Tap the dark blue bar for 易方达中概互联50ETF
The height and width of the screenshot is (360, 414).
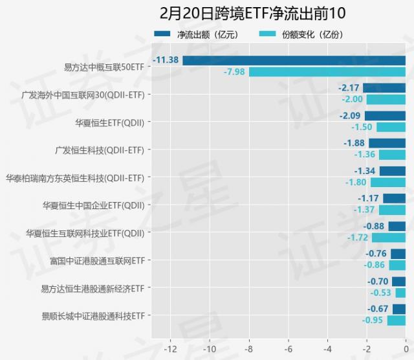(x=294, y=60)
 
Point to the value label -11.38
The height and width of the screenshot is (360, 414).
(x=166, y=60)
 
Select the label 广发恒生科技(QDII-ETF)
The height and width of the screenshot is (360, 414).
(x=100, y=150)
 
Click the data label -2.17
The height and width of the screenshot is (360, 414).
(x=349, y=87)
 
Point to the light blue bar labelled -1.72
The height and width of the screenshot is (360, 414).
(x=389, y=238)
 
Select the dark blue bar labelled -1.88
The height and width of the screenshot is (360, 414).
(x=387, y=143)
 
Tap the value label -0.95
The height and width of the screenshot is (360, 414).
(x=374, y=321)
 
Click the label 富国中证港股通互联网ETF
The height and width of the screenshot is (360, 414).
(x=97, y=260)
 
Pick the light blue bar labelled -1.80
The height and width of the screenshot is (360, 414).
(x=387, y=182)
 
